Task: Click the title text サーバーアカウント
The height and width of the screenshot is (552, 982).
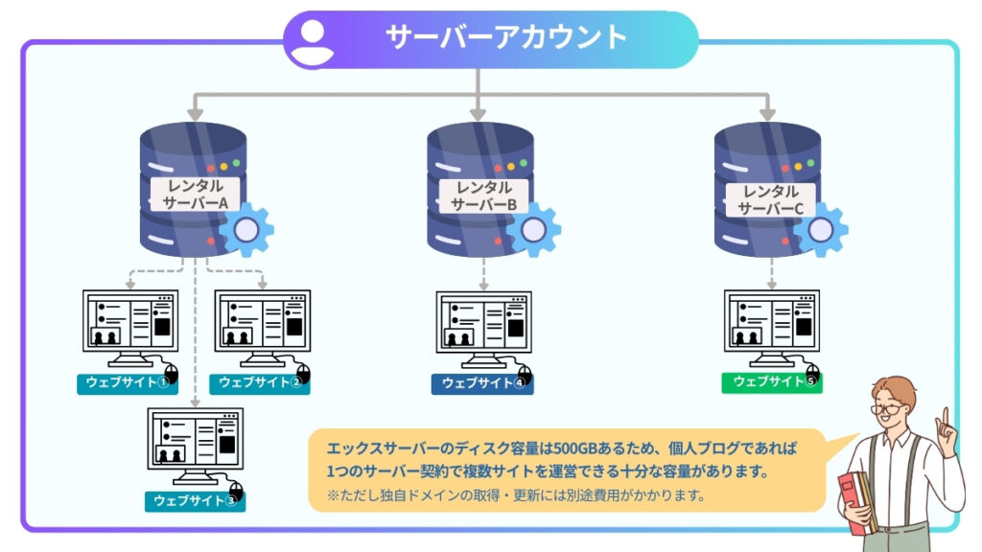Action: [505, 37]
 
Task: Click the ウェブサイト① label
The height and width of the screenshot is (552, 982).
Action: [123, 383]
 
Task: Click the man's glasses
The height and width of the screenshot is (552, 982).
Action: [889, 408]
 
